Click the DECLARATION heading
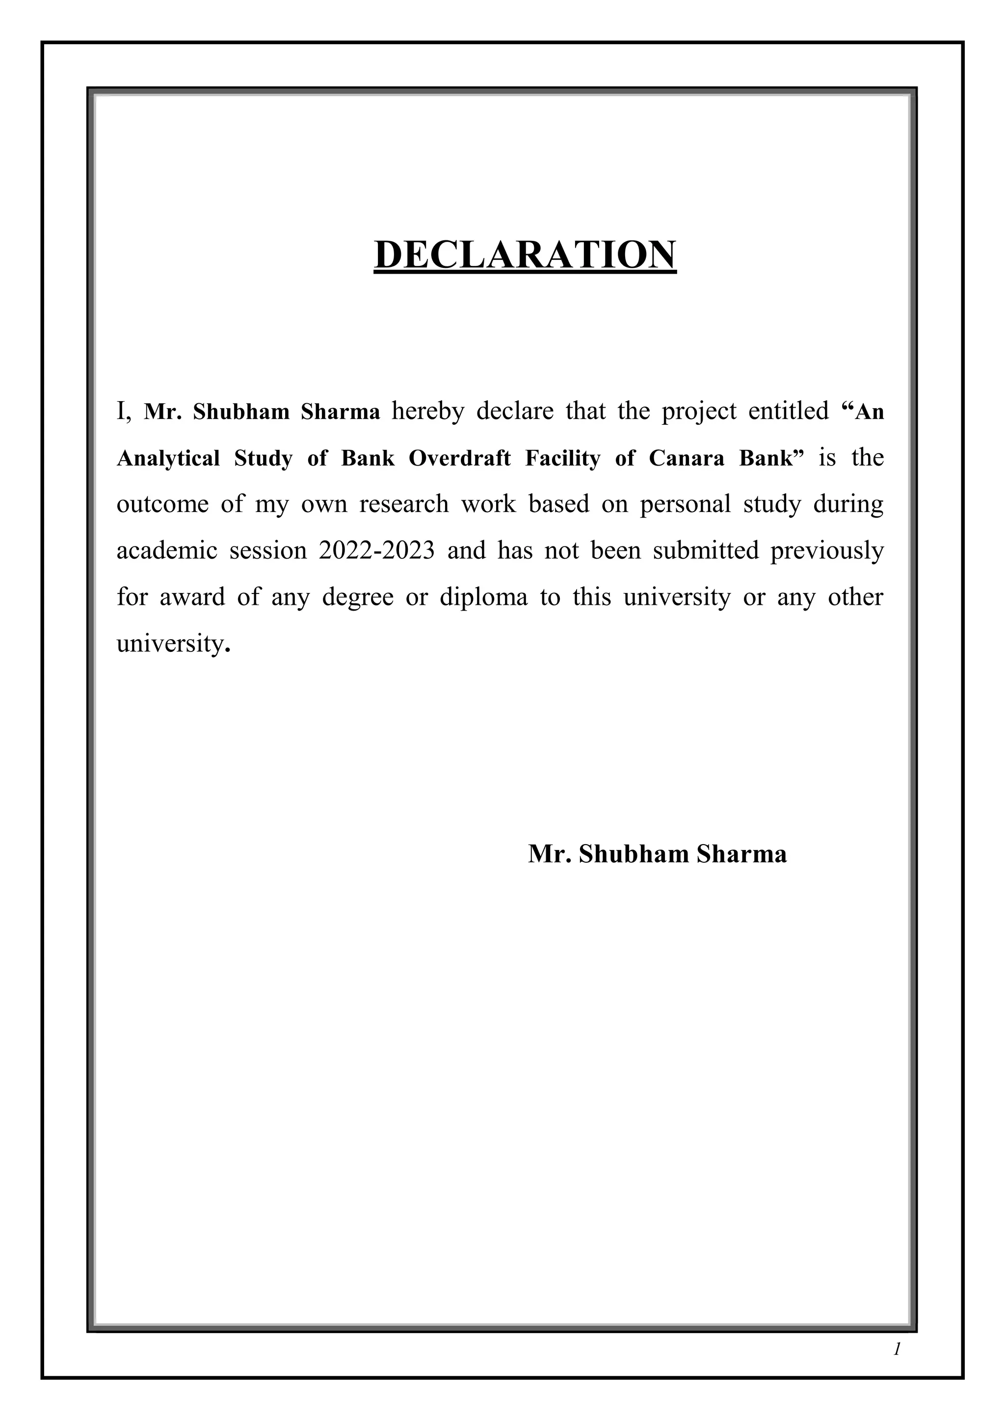(525, 255)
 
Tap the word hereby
(427, 411)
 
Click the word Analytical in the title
(168, 458)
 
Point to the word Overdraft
(460, 458)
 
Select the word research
(404, 505)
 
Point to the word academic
(168, 550)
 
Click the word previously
(827, 550)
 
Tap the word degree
(358, 597)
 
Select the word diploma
(484, 597)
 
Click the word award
(192, 597)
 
